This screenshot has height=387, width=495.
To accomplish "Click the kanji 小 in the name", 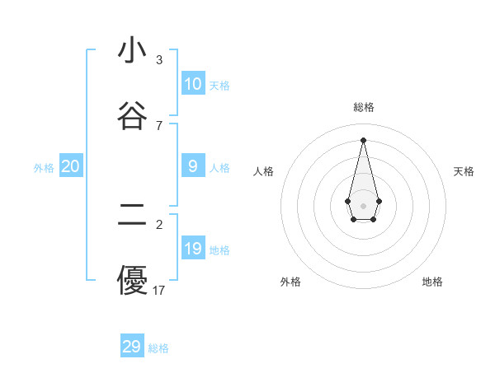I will click(x=132, y=51).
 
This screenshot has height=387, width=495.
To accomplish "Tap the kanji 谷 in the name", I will click(x=132, y=116).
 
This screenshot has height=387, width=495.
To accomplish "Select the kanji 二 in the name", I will click(x=132, y=215).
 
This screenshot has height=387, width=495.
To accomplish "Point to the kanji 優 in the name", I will click(x=132, y=280).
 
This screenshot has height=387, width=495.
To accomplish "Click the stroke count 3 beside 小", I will click(x=159, y=60).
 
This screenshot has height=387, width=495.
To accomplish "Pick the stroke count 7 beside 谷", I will click(x=159, y=125).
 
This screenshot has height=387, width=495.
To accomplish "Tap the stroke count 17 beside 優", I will click(x=159, y=290).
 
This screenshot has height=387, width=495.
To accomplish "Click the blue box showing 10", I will click(x=193, y=84).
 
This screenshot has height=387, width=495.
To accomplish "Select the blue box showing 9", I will click(x=193, y=166).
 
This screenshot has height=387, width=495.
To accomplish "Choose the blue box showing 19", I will click(x=193, y=249).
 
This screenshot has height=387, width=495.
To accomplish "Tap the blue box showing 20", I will click(x=71, y=166).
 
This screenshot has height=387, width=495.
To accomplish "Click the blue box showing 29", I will click(x=132, y=347).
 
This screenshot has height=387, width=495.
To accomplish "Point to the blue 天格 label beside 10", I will click(x=219, y=86).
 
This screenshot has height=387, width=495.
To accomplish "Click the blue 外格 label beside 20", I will click(x=44, y=168).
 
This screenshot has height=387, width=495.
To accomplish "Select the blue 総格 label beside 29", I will click(x=158, y=348).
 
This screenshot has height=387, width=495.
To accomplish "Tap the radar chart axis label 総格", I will click(x=364, y=107).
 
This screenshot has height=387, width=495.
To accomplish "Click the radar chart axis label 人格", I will click(x=264, y=171).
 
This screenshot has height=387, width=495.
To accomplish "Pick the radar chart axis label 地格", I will click(x=432, y=282).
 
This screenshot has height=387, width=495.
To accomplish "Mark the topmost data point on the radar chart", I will click(x=363, y=139).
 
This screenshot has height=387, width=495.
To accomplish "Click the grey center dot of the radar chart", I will click(x=363, y=205).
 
